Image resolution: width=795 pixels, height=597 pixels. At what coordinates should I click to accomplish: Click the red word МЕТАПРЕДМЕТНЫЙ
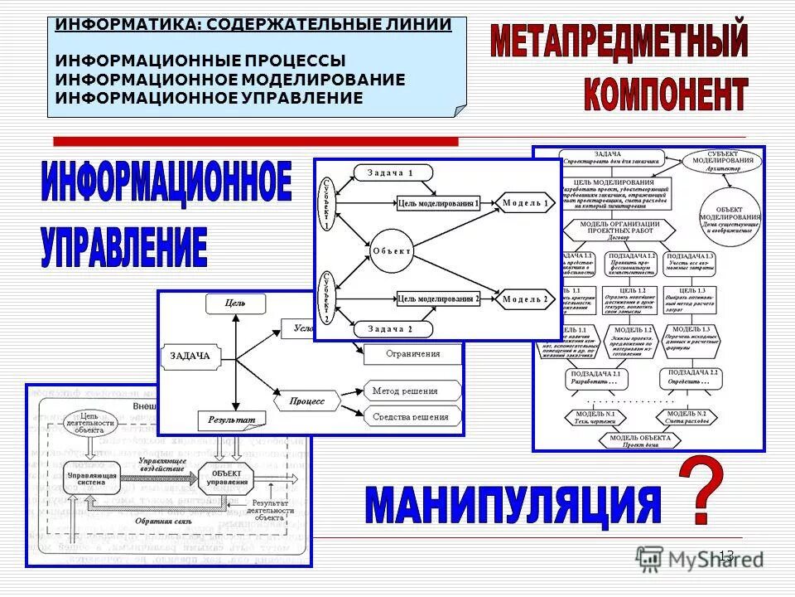(619, 41)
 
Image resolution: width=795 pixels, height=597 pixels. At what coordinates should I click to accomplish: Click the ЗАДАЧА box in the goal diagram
(190, 357)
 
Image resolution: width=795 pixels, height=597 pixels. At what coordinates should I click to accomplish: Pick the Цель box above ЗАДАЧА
(236, 304)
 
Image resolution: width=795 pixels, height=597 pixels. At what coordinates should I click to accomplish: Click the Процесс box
(307, 401)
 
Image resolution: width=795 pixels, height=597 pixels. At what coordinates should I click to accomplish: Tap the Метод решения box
(412, 390)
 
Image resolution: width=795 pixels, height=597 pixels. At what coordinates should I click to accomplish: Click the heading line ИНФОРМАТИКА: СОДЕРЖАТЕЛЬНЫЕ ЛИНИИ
(253, 24)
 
